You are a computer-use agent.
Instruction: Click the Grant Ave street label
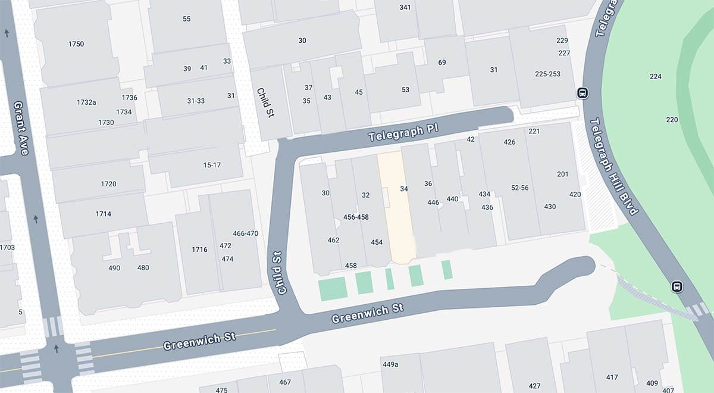click(21, 128)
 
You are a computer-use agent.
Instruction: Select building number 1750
click(76, 44)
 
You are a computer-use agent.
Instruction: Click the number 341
click(405, 7)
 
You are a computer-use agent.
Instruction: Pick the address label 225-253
click(547, 74)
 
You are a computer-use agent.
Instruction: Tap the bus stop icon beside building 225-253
click(583, 93)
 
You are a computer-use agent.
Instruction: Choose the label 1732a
click(86, 102)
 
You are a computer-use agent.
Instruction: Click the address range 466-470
click(245, 233)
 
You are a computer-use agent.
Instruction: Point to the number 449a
click(390, 364)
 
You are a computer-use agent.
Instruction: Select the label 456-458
click(356, 217)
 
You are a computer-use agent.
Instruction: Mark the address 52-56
click(519, 188)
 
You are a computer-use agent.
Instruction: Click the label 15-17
click(212, 165)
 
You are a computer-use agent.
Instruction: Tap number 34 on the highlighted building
click(404, 189)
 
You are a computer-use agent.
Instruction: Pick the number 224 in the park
click(656, 76)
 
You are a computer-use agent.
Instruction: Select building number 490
click(114, 268)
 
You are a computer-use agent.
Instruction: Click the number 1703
click(7, 247)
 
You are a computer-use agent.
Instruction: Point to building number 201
click(562, 174)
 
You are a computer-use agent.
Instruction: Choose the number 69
click(442, 63)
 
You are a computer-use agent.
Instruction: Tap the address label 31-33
click(196, 101)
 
